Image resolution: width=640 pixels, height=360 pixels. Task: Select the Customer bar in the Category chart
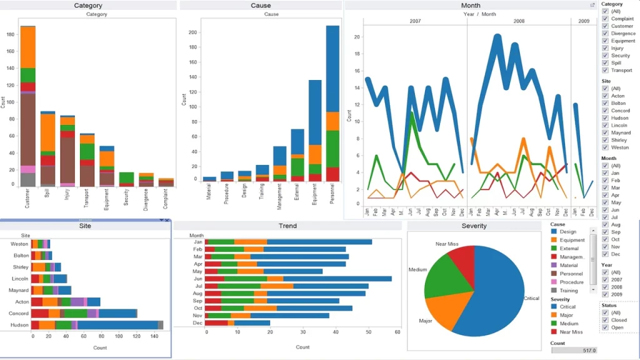27,106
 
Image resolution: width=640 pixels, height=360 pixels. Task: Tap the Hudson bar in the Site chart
97,325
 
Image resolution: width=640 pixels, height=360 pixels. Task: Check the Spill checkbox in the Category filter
605,63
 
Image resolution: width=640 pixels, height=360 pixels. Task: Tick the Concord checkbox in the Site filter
605,111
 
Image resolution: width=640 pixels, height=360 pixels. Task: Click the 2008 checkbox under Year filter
605,287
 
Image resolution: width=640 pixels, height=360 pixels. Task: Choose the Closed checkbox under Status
605,320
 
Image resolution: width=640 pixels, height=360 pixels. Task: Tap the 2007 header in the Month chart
415,21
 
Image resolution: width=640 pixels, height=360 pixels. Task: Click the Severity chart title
474,226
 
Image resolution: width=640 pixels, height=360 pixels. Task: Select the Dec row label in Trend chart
198,323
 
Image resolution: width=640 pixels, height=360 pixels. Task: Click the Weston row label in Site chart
19,244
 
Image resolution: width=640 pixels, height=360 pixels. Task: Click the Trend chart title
287,226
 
